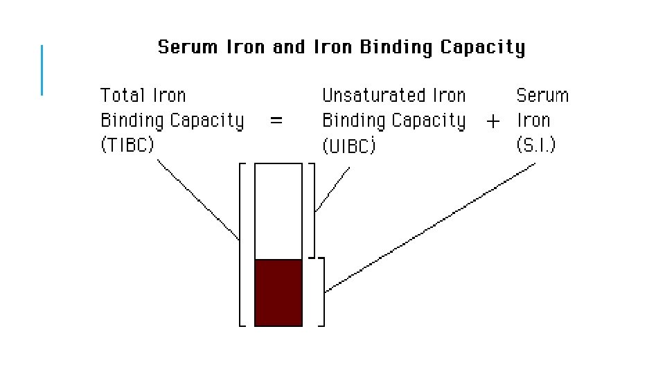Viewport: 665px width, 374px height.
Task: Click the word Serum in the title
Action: (x=186, y=48)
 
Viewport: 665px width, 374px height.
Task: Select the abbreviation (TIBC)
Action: (x=127, y=145)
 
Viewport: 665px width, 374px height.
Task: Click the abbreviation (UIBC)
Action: (x=349, y=146)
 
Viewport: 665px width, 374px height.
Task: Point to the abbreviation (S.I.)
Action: (x=535, y=145)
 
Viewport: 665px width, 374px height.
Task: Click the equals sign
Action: (x=276, y=121)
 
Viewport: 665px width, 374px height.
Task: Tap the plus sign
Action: (x=493, y=121)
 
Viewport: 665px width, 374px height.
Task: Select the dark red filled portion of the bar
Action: (x=278, y=292)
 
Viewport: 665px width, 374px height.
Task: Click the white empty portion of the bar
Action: (x=278, y=211)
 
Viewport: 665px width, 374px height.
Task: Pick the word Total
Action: (x=121, y=96)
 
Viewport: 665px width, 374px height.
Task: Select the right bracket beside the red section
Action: (x=322, y=292)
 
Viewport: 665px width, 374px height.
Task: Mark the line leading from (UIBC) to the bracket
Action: (x=332, y=189)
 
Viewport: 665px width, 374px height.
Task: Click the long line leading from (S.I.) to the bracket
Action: (x=429, y=228)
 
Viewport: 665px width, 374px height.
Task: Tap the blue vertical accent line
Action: (x=42, y=69)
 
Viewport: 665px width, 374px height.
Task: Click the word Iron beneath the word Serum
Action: (x=533, y=121)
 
